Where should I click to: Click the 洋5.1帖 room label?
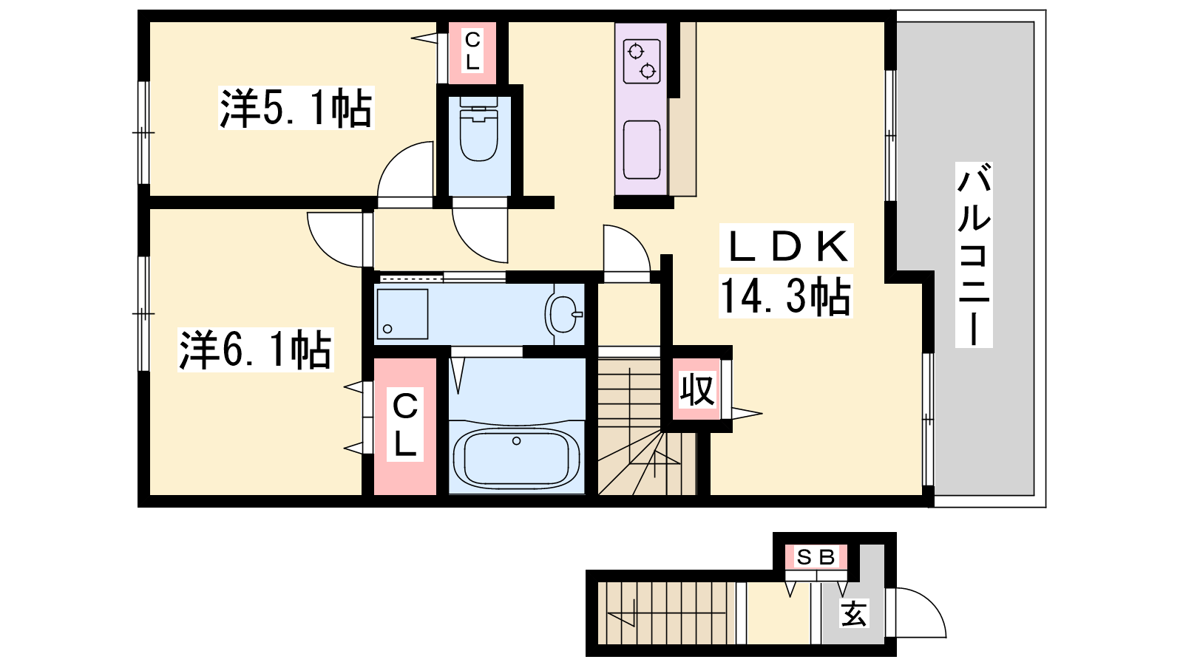pos(296,108)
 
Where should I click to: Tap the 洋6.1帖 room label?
pos(256,350)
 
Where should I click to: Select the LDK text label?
pos(787,246)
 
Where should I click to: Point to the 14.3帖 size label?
pos(786,296)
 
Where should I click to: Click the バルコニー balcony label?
pos(974,254)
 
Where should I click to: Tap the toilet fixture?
pos(478,129)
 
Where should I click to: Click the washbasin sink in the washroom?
pos(565,314)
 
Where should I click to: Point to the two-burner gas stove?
pos(642,61)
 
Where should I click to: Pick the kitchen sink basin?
pos(642,150)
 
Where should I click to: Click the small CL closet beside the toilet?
pos(472,52)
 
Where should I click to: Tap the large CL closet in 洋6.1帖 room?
pos(405,426)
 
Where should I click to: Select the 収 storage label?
pos(696,390)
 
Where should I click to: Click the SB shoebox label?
pos(816,557)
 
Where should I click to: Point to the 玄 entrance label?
pos(853,614)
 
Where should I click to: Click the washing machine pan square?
pos(402,314)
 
